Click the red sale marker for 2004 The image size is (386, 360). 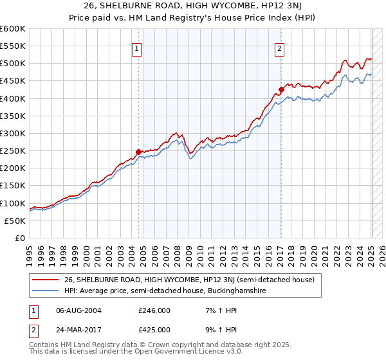pyautogui.click(x=138, y=152)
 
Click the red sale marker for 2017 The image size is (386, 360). pyautogui.click(x=281, y=89)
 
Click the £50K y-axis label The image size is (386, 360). pyautogui.click(x=15, y=221)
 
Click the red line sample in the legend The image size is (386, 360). pyautogui.click(x=46, y=280)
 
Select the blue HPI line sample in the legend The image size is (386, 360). pyautogui.click(x=46, y=291)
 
